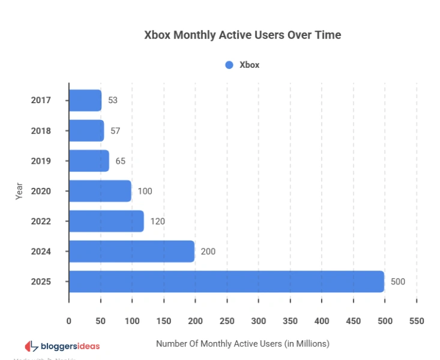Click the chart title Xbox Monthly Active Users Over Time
[x=243, y=35]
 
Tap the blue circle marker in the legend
[x=229, y=65]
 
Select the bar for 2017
[x=85, y=100]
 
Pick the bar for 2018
[x=86, y=131]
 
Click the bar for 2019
[x=89, y=161]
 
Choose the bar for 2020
[x=100, y=191]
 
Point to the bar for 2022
[x=106, y=221]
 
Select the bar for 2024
[x=132, y=251]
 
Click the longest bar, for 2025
[x=226, y=281]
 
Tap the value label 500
[x=397, y=281]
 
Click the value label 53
[x=113, y=100]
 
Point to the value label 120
[x=157, y=221]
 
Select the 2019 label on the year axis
[x=41, y=161]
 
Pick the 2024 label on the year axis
[x=41, y=251]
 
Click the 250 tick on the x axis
[x=227, y=321]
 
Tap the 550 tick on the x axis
[x=417, y=321]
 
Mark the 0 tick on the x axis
[x=69, y=321]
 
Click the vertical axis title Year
[x=19, y=191]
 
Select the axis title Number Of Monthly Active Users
[x=243, y=344]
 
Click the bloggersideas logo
[x=62, y=346]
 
